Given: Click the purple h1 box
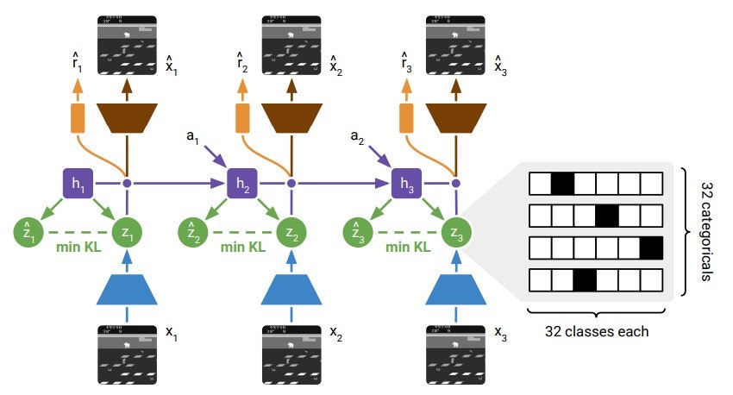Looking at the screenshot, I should [x=77, y=183].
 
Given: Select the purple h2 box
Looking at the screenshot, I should [x=241, y=183].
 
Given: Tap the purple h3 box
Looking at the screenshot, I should [x=406, y=183].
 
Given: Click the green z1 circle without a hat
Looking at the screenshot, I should [x=127, y=231].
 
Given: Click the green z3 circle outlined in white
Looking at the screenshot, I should [x=456, y=231].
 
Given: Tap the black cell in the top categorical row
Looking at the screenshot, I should [x=562, y=182].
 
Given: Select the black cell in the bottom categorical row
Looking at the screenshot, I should [x=585, y=280].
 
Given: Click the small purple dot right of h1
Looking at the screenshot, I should [x=127, y=183].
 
